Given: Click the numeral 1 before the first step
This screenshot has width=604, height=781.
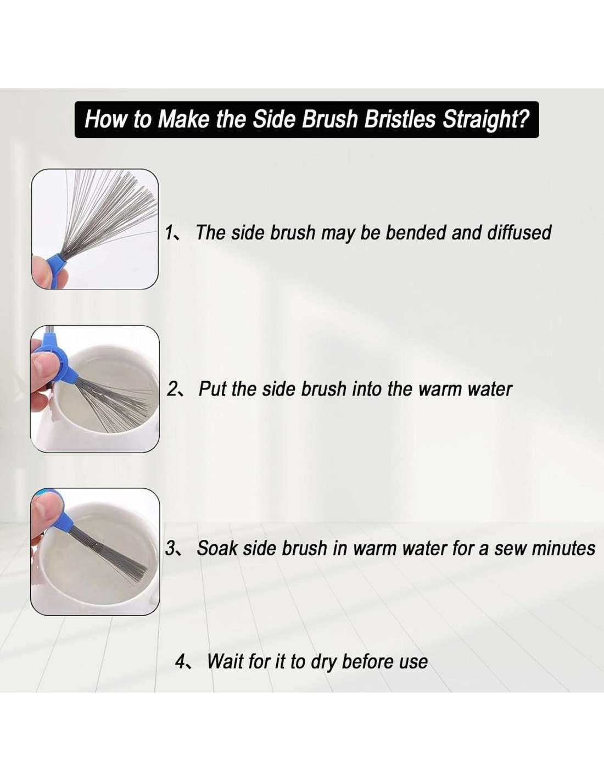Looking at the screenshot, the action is [x=169, y=233].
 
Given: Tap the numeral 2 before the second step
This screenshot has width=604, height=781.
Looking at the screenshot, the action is [x=171, y=389].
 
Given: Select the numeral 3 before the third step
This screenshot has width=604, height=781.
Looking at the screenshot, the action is [x=170, y=549].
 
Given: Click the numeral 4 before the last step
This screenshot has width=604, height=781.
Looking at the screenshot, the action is [x=180, y=661].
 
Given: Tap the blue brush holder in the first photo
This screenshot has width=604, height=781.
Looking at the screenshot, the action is [x=54, y=261].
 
